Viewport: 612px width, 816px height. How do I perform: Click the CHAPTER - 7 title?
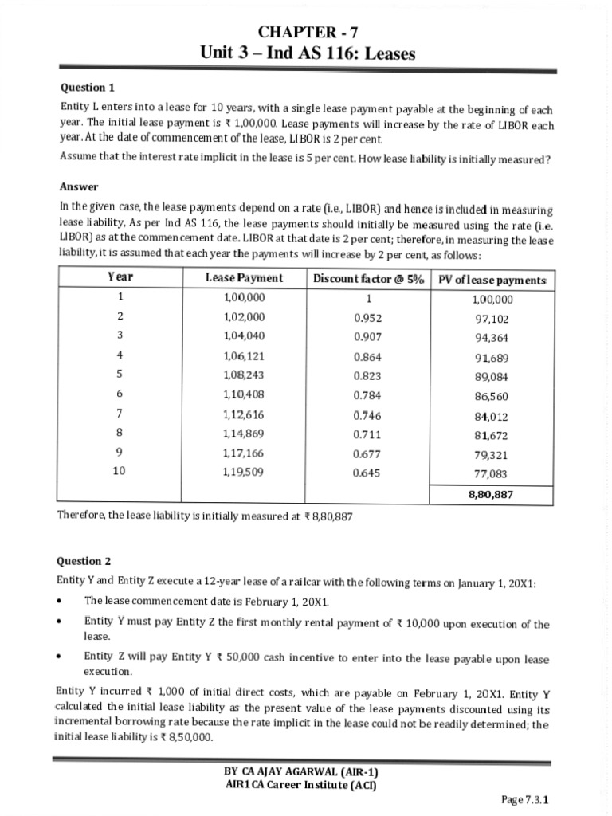point(308,33)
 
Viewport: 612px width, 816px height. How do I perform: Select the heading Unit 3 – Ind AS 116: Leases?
point(308,54)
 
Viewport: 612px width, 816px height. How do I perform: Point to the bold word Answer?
point(79,186)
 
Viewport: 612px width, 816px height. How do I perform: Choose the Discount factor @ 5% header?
point(367,277)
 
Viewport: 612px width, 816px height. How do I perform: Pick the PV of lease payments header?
point(492,278)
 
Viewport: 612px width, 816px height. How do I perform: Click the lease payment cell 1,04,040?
point(245,335)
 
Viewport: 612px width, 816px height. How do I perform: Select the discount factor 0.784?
point(367,394)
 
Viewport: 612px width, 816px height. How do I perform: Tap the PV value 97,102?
point(492,319)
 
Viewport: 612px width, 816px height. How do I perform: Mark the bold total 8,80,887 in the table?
point(491,494)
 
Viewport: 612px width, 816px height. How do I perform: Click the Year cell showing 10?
point(119,471)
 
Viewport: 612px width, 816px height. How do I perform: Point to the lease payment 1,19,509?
point(245,471)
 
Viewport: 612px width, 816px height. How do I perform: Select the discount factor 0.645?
point(367,472)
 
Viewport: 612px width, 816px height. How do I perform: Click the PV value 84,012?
point(492,416)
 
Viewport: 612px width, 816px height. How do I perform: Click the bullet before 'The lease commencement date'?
point(61,600)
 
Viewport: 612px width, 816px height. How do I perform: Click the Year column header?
point(120,277)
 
